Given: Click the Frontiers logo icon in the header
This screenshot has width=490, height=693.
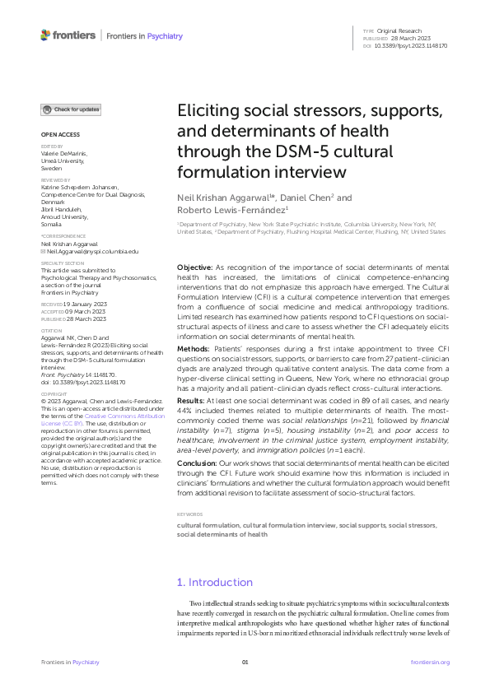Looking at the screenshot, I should pos(45,35).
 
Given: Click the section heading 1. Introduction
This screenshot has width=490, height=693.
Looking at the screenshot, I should pos(217,582).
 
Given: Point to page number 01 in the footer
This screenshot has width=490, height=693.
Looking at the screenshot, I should pos(245,662).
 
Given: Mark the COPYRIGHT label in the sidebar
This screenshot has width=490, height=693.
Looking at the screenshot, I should pos(55,394).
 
